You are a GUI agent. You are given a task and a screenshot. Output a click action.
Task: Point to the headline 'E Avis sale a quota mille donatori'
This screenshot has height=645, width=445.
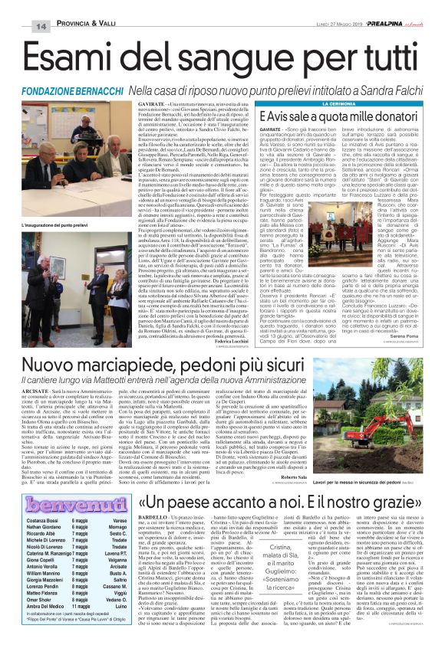348,116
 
